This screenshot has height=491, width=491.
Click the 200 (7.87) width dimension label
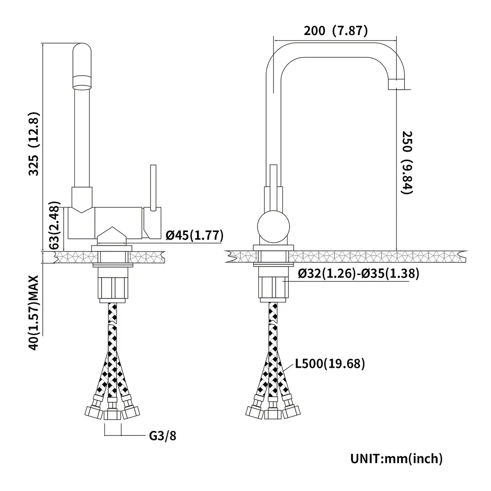[335, 31]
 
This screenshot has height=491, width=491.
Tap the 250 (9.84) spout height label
[407, 163]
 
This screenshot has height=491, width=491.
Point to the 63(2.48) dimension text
[55, 226]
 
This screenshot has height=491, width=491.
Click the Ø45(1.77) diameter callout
[194, 235]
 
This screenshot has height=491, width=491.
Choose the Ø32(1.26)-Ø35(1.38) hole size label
[359, 274]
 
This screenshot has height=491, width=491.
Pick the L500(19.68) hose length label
[330, 364]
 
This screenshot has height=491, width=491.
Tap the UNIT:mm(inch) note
[396, 458]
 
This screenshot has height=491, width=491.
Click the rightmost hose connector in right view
[292, 410]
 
